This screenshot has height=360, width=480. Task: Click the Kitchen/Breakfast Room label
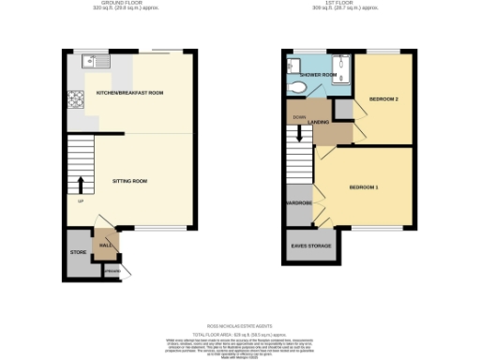pyautogui.click(x=129, y=93)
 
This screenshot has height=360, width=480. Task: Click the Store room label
pyautogui.click(x=77, y=253)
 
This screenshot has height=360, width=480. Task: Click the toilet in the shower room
pyautogui.click(x=298, y=88)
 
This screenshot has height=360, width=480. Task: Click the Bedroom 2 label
pyautogui.click(x=382, y=98)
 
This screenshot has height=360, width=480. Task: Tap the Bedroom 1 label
pyautogui.click(x=364, y=187)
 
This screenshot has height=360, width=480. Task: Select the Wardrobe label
pyautogui.click(x=299, y=202)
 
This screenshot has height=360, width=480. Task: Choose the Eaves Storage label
pyautogui.click(x=312, y=246)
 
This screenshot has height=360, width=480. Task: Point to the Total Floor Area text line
pyautogui.click(x=239, y=335)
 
